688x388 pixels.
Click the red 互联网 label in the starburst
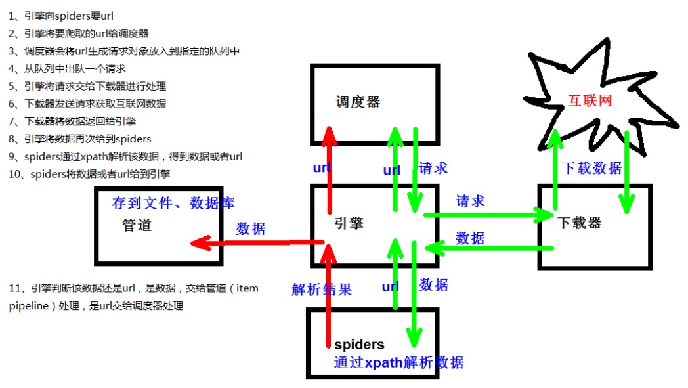click(x=590, y=100)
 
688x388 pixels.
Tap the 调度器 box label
click(x=358, y=102)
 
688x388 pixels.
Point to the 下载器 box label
click(x=580, y=223)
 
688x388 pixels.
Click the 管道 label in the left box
click(x=137, y=225)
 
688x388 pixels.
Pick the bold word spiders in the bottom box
click(x=359, y=345)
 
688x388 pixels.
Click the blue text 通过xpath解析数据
click(x=398, y=362)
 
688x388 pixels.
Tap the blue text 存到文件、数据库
click(x=173, y=203)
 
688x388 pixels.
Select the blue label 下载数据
click(x=592, y=168)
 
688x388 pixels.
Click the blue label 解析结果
click(x=322, y=290)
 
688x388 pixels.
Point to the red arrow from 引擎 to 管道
click(x=256, y=243)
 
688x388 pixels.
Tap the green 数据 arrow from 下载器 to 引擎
click(x=489, y=248)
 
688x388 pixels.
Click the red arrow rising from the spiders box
click(x=328, y=295)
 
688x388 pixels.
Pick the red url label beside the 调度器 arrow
click(x=322, y=167)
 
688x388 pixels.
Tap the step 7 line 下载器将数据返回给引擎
click(x=79, y=121)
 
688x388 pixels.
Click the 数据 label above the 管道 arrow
click(x=251, y=228)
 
